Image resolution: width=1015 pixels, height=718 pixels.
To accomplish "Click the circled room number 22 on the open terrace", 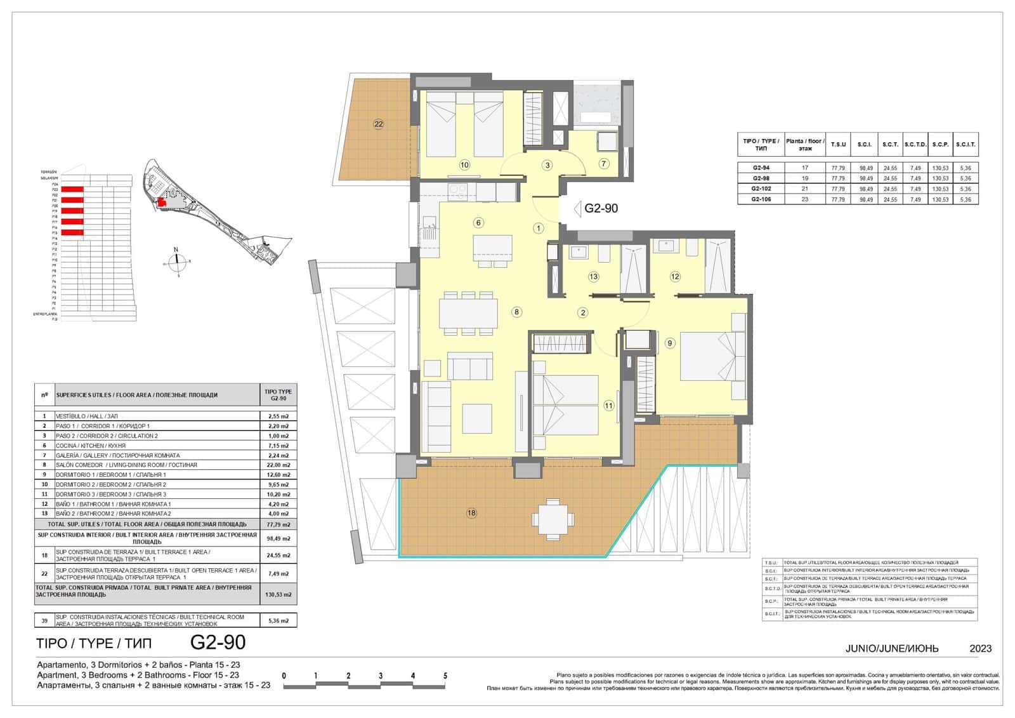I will pyautogui.click(x=379, y=124).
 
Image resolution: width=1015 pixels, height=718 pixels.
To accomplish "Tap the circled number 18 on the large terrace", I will pyautogui.click(x=471, y=513).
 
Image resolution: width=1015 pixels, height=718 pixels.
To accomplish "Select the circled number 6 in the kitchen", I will pyautogui.click(x=479, y=222).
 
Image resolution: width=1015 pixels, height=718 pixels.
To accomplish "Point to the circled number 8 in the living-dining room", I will pyautogui.click(x=517, y=312).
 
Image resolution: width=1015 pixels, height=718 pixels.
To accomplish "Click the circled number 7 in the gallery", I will pyautogui.click(x=604, y=164).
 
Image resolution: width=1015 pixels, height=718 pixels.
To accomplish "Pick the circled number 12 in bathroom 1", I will pyautogui.click(x=675, y=276).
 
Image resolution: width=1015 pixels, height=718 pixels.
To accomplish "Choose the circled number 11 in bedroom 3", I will pyautogui.click(x=609, y=406).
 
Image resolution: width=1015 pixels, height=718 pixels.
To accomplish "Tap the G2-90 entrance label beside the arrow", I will pyautogui.click(x=601, y=208).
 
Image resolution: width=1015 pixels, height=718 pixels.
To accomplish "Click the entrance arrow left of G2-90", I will pyautogui.click(x=577, y=208).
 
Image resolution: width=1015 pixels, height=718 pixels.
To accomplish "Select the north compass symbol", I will pyautogui.click(x=176, y=259).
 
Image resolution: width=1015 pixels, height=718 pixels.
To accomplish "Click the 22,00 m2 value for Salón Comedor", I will pyautogui.click(x=278, y=465).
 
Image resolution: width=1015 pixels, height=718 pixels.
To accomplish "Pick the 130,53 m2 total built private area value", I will pyautogui.click(x=278, y=595).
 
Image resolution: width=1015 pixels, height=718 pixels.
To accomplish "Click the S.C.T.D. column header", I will pyautogui.click(x=915, y=144).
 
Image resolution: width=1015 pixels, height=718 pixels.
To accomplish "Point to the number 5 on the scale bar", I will pyautogui.click(x=445, y=676).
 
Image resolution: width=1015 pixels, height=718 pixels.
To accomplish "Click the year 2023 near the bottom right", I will pyautogui.click(x=980, y=648).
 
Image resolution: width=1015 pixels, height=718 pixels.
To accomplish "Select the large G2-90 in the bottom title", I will pyautogui.click(x=218, y=642).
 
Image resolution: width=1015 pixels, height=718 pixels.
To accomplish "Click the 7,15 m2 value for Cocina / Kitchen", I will pyautogui.click(x=278, y=446).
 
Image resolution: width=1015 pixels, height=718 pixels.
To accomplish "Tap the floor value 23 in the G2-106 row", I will pyautogui.click(x=805, y=199).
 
